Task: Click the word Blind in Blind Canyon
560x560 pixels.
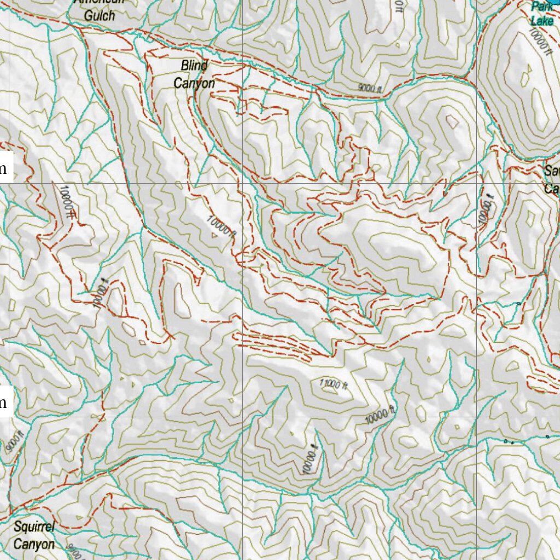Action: point(194,66)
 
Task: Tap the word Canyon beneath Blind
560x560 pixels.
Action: point(194,83)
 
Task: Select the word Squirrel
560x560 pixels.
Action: point(34,528)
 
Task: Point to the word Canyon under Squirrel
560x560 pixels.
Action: point(34,545)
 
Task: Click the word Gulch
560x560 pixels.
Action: point(100,15)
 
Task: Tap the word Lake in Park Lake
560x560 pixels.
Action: point(542,21)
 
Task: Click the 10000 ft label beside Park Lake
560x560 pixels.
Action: point(540,40)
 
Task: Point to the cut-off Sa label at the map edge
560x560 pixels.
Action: point(550,171)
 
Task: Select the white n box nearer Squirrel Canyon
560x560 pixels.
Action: point(4,404)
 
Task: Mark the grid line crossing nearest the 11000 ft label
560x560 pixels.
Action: point(243,417)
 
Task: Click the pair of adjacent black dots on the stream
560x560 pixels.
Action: point(509,441)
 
